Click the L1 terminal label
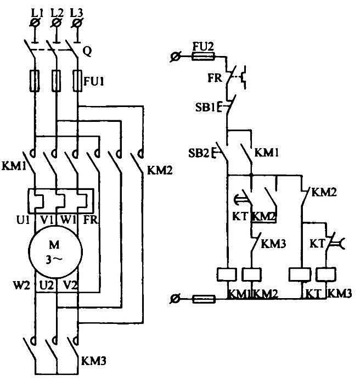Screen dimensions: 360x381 (x=37, y=13)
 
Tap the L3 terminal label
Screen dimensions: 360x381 (x=76, y=13)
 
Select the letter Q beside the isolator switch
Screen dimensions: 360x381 (x=87, y=52)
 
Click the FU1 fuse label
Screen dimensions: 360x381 (x=93, y=81)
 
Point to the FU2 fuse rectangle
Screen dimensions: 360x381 (x=203, y=57)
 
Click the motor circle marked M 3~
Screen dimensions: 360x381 (x=55, y=252)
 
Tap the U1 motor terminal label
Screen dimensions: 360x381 (x=23, y=220)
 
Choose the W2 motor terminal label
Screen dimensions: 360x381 (x=21, y=285)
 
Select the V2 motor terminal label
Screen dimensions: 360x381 (x=70, y=285)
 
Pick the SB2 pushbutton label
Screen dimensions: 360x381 (x=198, y=153)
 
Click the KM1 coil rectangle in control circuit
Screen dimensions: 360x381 (x=227, y=274)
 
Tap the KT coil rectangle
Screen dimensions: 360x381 (x=300, y=274)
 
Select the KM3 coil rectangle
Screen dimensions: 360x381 (x=326, y=274)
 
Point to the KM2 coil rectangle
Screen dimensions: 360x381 (x=252, y=274)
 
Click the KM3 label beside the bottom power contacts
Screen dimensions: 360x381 (x=93, y=361)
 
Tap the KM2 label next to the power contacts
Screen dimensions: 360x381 (x=160, y=170)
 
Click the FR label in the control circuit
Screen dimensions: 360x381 (x=215, y=78)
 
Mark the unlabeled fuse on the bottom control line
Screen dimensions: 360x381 (x=204, y=299)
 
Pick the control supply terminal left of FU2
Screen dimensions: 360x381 (x=175, y=57)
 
